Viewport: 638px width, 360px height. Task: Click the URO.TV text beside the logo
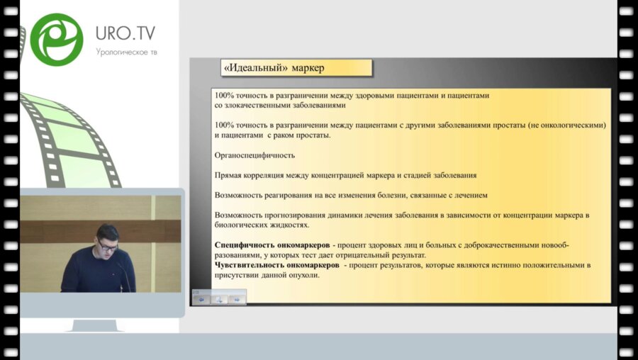click(125, 33)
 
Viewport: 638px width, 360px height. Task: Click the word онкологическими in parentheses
click(570, 125)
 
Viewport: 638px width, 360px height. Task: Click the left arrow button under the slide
click(201, 299)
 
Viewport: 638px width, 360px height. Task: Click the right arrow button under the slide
click(237, 299)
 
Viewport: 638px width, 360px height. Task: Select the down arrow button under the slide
click(219, 299)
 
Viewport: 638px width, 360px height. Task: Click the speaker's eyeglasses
click(108, 246)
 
